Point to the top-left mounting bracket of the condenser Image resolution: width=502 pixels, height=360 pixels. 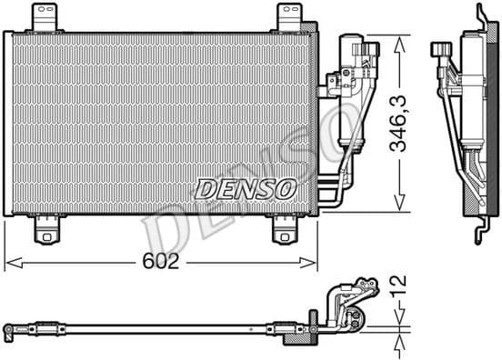43,15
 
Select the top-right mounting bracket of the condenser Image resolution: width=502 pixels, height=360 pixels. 288,15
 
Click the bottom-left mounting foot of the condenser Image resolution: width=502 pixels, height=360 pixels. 43,232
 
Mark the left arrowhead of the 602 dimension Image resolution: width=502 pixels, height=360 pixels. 11,265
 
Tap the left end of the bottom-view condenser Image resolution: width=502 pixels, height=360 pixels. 9,325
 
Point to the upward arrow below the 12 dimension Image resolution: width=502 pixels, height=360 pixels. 398,345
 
